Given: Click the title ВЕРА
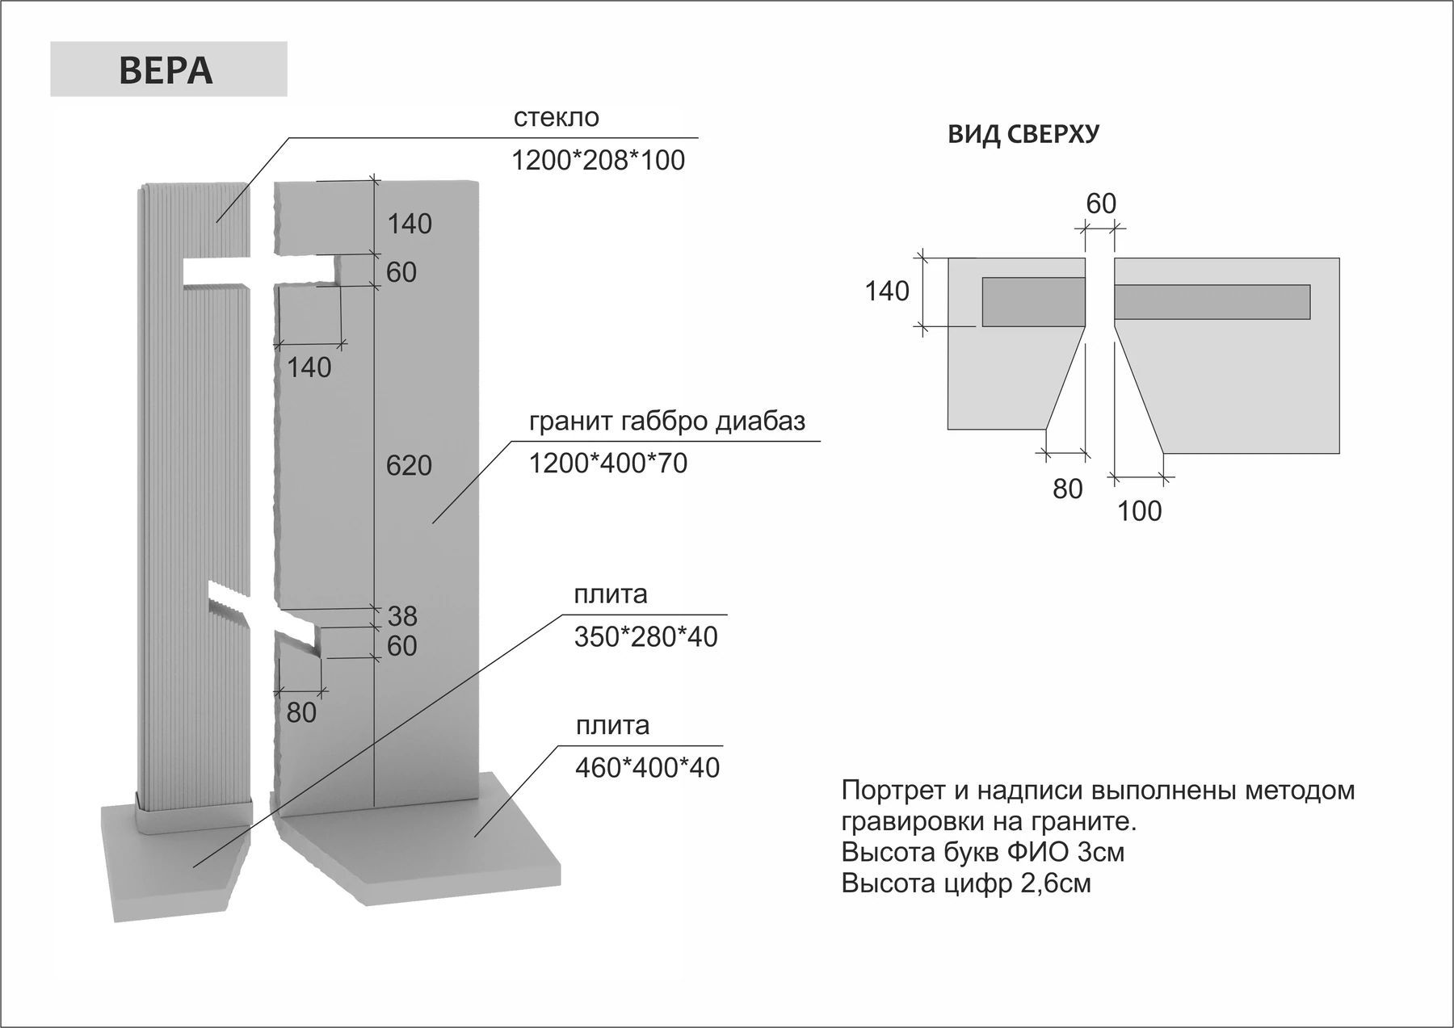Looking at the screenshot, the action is pos(166,70).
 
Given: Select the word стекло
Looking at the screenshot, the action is pos(556,117).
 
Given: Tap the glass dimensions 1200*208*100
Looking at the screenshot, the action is pos(598,160).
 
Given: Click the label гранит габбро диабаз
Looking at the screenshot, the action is pos(667,422).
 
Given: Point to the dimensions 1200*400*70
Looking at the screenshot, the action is pos(608,463).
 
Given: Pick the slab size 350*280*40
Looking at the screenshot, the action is pos(645,636).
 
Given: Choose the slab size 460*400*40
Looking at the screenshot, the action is pos(647,767).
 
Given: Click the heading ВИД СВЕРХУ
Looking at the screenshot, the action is pos(1023,134).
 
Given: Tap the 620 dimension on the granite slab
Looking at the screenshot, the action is pos(409,465).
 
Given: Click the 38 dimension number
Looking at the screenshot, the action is pos(402,616).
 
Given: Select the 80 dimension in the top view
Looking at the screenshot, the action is pos(1067,489).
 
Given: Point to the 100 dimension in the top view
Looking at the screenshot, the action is pos(1139,510).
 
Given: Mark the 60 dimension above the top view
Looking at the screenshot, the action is pos(1101,204).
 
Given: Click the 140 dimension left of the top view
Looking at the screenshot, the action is pos(887,291).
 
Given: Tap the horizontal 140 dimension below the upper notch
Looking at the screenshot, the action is pos(309,367).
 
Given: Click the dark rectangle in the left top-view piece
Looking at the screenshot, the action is pos(1033,302).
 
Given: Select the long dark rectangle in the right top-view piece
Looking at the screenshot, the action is pos(1212,302).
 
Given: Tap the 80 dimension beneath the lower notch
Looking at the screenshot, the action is pos(301,712).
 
